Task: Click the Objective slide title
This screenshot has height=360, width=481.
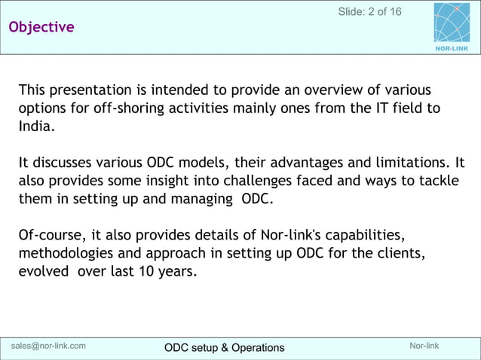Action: (41, 27)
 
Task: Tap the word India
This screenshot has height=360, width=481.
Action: (35, 127)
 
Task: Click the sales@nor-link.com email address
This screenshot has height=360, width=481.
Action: (48, 346)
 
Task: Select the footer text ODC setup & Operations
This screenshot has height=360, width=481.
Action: (225, 347)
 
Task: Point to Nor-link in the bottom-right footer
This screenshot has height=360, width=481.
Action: (424, 346)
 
